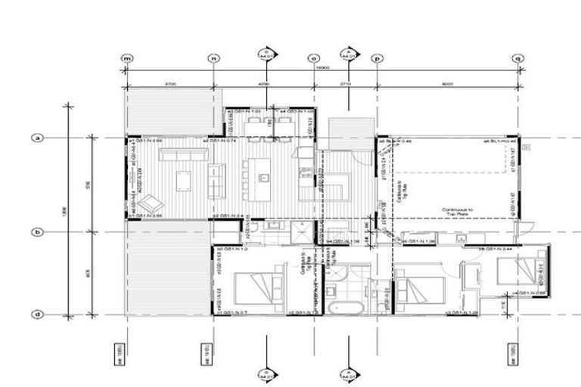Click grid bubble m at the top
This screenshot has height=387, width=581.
(127, 58)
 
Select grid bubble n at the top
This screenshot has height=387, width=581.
(214, 58)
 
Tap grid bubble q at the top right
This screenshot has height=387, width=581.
(518, 58)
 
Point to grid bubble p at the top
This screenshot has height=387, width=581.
(377, 58)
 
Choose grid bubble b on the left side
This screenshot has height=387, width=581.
(36, 232)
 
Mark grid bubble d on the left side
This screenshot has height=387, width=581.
(36, 314)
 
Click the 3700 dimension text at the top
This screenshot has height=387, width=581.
(170, 84)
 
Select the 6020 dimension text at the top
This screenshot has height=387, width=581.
(448, 84)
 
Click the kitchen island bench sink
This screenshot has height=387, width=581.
(264, 178)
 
